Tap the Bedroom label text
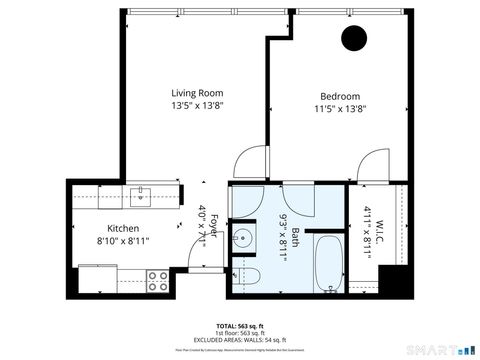pos(340,96)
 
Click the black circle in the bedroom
pos(352,39)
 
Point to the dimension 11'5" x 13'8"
pos(340,109)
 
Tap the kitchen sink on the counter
pos(140,194)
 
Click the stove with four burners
pos(158,281)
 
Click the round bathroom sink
pos(243,239)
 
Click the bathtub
pos(327,263)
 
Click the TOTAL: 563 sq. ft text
pos(239,326)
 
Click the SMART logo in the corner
pos(444,351)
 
